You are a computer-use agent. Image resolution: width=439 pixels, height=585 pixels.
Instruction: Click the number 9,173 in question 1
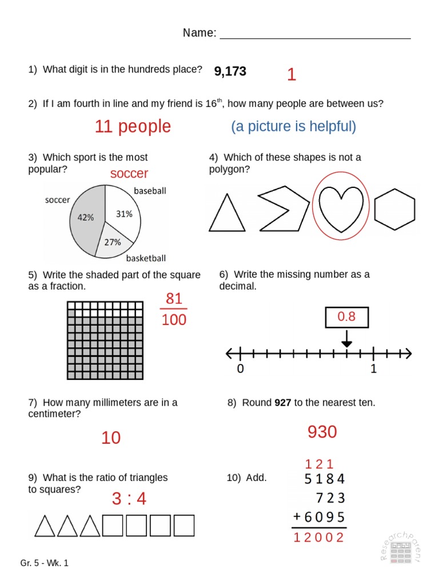click(x=230, y=71)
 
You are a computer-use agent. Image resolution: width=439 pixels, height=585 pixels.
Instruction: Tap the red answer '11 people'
click(x=133, y=126)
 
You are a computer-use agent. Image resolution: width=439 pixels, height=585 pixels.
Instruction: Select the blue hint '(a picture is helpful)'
click(x=294, y=126)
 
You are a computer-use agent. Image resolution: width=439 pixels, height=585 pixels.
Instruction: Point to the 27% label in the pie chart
click(x=112, y=242)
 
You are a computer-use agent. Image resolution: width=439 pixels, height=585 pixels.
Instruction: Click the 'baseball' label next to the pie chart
click(x=150, y=191)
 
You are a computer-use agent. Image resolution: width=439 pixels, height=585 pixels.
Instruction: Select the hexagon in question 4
click(x=394, y=210)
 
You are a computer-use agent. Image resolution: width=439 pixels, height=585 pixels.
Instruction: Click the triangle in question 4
click(x=227, y=213)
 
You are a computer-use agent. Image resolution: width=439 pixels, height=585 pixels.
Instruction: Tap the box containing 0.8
click(x=347, y=317)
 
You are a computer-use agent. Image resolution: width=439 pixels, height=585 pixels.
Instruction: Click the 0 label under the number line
click(x=241, y=369)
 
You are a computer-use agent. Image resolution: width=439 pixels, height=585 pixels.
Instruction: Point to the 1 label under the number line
click(x=374, y=369)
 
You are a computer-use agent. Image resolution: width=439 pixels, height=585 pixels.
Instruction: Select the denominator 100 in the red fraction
click(x=174, y=320)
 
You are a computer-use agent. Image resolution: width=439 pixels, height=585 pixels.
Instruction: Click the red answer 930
click(x=322, y=432)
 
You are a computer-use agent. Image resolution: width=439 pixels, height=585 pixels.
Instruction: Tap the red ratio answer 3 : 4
click(x=129, y=499)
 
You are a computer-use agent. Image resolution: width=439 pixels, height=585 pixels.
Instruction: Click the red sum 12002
click(x=318, y=538)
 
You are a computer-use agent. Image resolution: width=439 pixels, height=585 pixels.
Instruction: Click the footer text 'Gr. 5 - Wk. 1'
click(x=45, y=563)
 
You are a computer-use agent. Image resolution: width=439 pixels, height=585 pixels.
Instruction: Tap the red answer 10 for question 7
click(x=111, y=438)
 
